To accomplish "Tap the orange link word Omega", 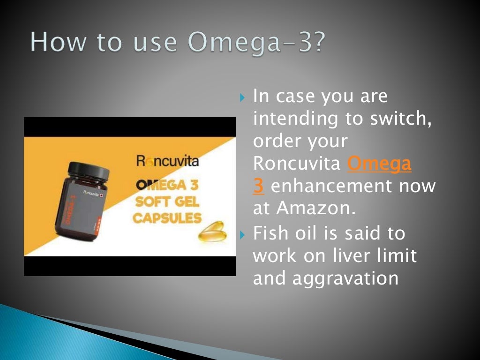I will tap(380, 164).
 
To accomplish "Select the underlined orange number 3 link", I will tap(258, 186).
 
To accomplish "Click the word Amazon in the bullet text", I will tap(315, 209).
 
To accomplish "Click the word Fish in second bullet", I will tap(273, 233).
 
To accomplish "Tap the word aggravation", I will tap(345, 278).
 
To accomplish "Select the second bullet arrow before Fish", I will tap(242, 233).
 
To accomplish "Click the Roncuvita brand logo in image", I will tap(167, 162).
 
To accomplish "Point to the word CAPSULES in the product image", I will tap(167, 218).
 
